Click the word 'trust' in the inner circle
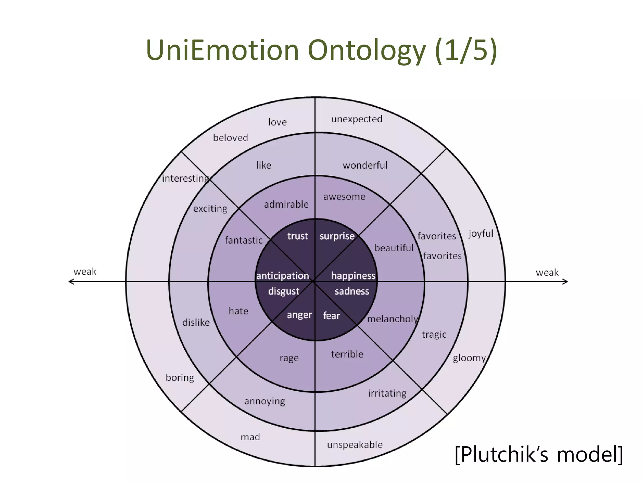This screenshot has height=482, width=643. coord(297,236)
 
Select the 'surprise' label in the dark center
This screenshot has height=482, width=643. coord(337,236)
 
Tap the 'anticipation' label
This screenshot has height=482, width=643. coord(283,276)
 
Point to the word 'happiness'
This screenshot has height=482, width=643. coord(353,276)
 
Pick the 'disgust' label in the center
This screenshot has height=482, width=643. coord(284,291)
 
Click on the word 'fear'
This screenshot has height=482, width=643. coord(332,315)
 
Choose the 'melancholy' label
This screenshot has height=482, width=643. coord(392,319)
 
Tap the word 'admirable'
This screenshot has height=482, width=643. coord(286,205)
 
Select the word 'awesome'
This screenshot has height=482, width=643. coord(344,197)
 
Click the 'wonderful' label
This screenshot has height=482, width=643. coord(365,165)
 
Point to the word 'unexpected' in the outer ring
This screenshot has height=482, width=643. coord(357,119)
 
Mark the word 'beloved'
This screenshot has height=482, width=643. coord(230,138)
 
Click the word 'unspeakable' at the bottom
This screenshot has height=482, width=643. coord(355,445)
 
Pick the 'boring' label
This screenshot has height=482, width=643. coord(180,378)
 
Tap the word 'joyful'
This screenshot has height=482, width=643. coord(481,234)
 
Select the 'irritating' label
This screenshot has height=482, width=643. coord(387,393)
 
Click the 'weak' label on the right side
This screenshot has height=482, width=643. coord(547,272)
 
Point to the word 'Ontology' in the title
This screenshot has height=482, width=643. coord(366,50)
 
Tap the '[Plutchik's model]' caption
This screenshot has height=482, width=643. coord(538,454)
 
